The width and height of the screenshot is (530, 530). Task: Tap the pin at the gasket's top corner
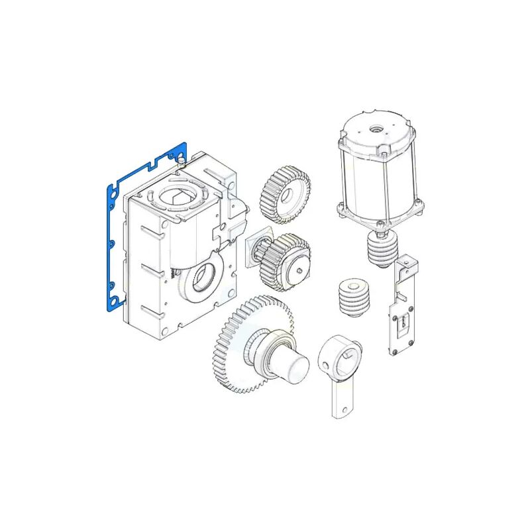coord(180,160)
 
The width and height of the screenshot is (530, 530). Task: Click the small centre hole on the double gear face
coord(297,269)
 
